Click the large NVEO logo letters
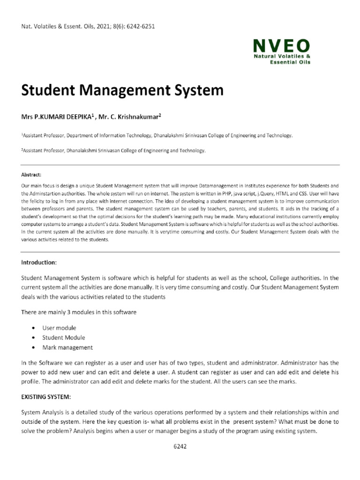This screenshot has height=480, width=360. coord(281,45)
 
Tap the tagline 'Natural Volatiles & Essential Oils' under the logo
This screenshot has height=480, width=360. coord(281,59)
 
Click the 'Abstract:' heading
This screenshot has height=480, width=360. coord(31,174)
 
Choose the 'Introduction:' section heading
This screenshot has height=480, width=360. coord(39,262)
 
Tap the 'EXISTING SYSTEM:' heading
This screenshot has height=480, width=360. coord(46,397)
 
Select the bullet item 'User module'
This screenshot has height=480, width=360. coord(59,328)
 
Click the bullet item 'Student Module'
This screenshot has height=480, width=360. coord(63,337)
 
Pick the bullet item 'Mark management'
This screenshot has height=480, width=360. coord(67,347)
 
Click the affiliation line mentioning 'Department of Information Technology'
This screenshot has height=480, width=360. coord(157,135)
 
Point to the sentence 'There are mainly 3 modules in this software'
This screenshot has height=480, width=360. coord(79,312)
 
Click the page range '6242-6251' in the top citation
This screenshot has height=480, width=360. coord(139,26)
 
